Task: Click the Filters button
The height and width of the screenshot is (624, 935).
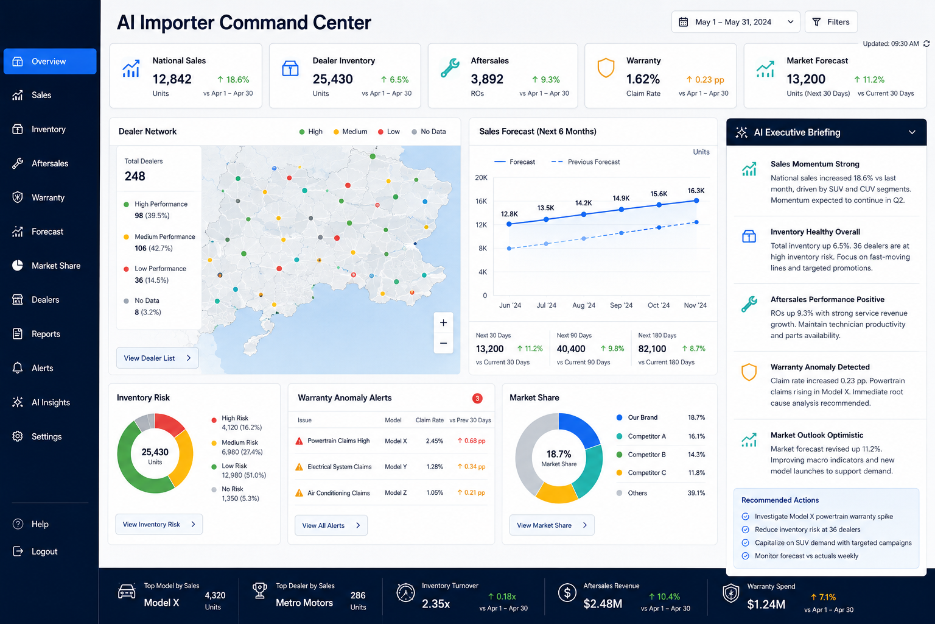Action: pos(831,22)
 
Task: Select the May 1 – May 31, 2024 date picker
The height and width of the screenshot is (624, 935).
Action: pos(735,22)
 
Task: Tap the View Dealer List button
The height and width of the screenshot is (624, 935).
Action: pos(158,358)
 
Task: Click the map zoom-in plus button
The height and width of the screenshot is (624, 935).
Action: pos(443,322)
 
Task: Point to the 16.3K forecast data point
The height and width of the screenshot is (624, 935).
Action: pos(696,200)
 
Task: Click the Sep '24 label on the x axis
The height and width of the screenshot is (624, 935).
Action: pos(621,305)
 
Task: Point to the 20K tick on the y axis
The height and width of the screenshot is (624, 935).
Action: pos(482,177)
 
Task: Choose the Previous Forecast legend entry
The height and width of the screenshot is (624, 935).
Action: pos(586,161)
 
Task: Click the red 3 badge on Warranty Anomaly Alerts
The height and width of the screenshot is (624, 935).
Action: pos(477,399)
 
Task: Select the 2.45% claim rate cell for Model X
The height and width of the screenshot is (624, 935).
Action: pos(435,441)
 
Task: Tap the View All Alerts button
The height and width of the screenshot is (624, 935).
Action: pos(331,525)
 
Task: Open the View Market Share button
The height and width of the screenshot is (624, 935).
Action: pos(552,525)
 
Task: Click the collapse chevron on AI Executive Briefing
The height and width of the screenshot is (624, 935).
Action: pos(912,132)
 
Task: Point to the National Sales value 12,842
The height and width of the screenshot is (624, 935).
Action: pos(172,79)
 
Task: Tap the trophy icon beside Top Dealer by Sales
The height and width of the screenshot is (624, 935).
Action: pos(260,590)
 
